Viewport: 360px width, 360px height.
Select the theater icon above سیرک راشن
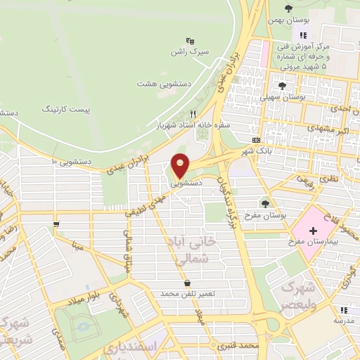(189, 41)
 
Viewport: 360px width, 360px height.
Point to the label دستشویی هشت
(164, 83)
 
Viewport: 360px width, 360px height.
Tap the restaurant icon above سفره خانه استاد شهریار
(193, 112)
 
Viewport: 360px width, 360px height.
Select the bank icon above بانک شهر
(256, 140)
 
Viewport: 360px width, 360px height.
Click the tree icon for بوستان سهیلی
(282, 86)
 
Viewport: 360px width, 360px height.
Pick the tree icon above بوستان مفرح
(265, 203)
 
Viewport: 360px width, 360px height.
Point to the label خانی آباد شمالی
(191, 250)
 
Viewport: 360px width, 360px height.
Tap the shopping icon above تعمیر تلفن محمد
(187, 283)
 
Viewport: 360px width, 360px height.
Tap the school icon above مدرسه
(343, 310)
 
